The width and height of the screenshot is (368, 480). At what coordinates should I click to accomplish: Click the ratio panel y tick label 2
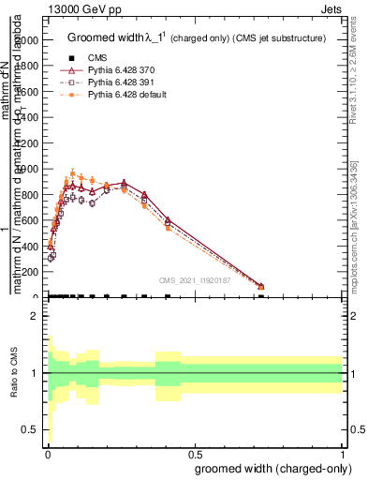34,317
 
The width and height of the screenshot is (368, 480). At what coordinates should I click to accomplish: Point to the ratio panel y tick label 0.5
30,430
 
